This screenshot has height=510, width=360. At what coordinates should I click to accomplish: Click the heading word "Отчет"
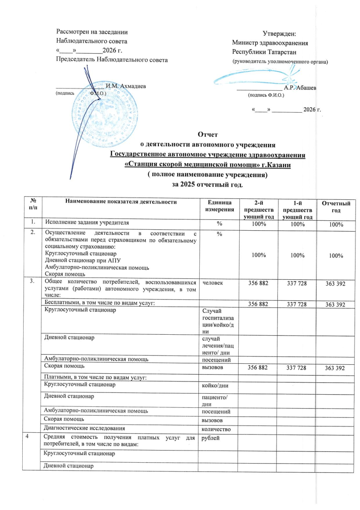[208, 134]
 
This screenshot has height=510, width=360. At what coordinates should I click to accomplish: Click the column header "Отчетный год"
[336, 208]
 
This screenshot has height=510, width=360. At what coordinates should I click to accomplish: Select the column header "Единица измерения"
[220, 205]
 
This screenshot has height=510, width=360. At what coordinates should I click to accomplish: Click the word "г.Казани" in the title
[276, 165]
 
